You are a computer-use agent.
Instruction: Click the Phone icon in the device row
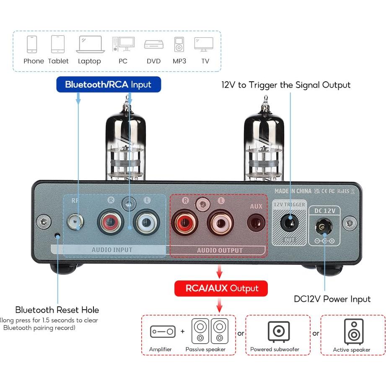[x=32, y=44]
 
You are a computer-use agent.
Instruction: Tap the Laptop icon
[x=90, y=44]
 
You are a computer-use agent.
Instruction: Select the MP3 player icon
[x=179, y=44]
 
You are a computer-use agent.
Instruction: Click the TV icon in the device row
[x=204, y=44]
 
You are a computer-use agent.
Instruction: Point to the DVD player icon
[x=154, y=44]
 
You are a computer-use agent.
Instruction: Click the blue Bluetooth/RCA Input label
[x=108, y=85]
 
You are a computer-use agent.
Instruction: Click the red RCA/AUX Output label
[x=220, y=288]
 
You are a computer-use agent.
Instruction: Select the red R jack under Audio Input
[x=111, y=221]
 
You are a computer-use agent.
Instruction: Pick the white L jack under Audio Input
[x=146, y=221]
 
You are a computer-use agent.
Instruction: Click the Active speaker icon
[x=353, y=331]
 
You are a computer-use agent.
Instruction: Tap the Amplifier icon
[x=163, y=332]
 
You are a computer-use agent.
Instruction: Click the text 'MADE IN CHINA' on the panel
[x=293, y=191]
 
